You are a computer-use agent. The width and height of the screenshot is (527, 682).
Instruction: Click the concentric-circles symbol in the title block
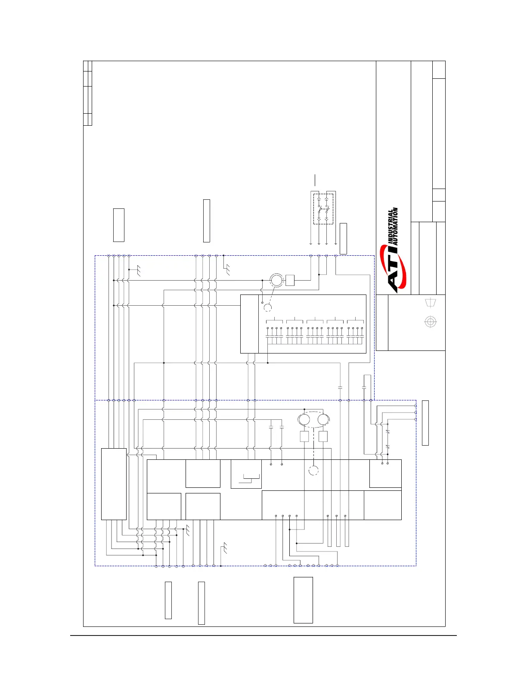[x=430, y=322]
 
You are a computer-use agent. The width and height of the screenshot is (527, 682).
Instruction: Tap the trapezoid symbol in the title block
[x=430, y=303]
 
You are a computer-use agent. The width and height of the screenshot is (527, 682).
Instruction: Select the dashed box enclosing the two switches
[x=323, y=209]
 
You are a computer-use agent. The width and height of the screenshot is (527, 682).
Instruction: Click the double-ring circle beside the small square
[x=276, y=280]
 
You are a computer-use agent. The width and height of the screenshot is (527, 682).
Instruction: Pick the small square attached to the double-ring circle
[x=290, y=280]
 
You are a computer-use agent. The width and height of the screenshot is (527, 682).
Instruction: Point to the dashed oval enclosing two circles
[x=314, y=419]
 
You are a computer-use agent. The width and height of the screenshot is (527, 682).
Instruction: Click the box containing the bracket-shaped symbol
[x=246, y=474]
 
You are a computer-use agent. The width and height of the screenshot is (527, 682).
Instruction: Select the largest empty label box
[x=303, y=600]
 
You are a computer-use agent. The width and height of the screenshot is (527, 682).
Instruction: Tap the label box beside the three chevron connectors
[x=425, y=422]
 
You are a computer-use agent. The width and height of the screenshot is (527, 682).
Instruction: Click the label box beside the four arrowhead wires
[x=343, y=239]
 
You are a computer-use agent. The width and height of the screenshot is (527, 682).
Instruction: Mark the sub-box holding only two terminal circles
[x=385, y=473]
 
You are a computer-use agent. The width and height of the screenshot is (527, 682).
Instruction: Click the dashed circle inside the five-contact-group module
[x=268, y=307]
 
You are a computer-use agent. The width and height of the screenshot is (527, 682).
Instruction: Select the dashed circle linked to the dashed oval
[x=314, y=471]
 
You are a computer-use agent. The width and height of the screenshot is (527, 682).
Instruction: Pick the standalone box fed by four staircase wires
[x=114, y=484]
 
